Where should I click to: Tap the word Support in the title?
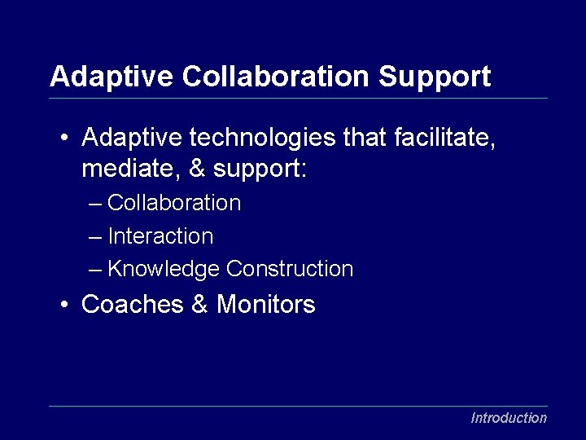(435, 77)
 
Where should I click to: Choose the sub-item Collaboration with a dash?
(174, 203)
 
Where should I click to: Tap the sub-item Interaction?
(160, 237)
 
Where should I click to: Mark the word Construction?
(290, 269)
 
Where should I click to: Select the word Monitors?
(266, 305)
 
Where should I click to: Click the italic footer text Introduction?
(509, 418)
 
